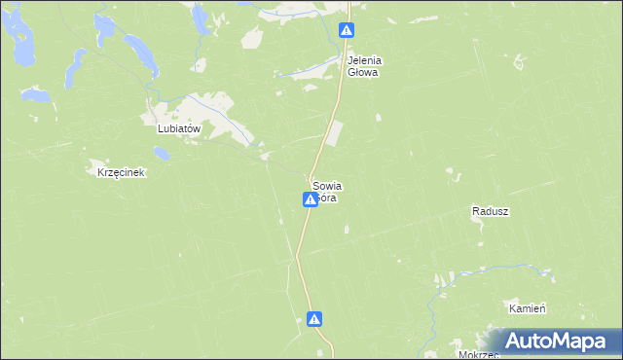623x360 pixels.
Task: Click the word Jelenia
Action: click(x=365, y=60)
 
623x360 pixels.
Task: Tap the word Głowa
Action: click(x=365, y=72)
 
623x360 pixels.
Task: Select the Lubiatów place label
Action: click(x=178, y=128)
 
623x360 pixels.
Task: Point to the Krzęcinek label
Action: click(x=121, y=173)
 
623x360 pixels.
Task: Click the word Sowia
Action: click(x=327, y=185)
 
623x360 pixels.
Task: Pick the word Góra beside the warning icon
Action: click(x=328, y=198)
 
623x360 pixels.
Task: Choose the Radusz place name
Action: click(x=491, y=211)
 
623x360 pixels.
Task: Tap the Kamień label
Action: click(x=527, y=307)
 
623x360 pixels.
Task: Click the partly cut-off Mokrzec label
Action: click(x=475, y=354)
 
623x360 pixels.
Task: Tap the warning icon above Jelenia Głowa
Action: click(x=346, y=30)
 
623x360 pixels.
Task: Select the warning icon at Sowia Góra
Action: click(x=309, y=199)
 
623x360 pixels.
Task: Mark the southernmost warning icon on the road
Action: click(x=314, y=318)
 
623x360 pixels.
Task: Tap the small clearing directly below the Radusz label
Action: click(x=478, y=226)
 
